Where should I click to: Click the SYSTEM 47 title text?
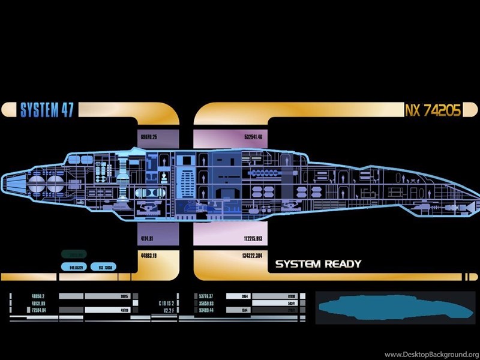[x=47, y=110]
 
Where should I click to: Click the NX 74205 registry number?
[x=433, y=110]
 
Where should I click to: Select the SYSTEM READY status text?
[x=318, y=264]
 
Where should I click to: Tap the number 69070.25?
[x=149, y=137]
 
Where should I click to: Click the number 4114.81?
[x=147, y=239]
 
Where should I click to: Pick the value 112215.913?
[x=253, y=239]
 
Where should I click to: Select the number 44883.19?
[x=149, y=256]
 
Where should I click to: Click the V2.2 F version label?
[x=166, y=311]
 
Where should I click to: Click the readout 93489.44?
[x=206, y=311]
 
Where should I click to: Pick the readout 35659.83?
[x=206, y=304]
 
